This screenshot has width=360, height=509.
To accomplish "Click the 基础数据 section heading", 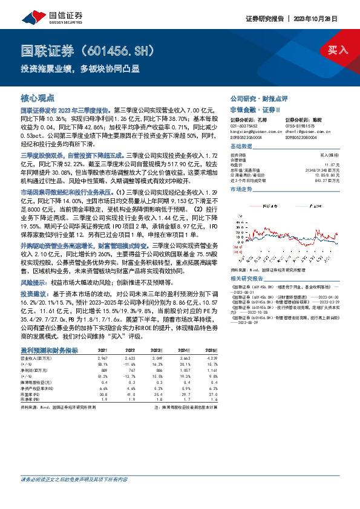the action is click(243, 147).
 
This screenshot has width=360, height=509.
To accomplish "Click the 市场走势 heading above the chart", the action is click(243, 189).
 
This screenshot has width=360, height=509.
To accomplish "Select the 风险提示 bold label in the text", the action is click(34, 282).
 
